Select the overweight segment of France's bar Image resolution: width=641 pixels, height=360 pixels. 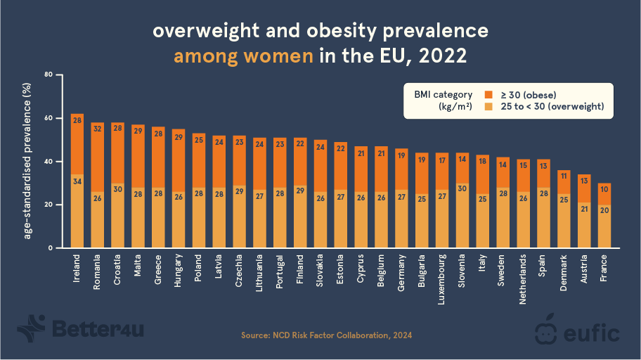click(x=604, y=226)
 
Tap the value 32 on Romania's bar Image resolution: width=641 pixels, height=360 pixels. click(x=97, y=129)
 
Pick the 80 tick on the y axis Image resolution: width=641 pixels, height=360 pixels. click(x=48, y=75)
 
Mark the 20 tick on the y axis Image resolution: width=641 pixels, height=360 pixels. click(x=48, y=205)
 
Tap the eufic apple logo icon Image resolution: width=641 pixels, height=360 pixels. click(x=546, y=328)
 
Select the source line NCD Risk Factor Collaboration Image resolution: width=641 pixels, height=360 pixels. click(x=326, y=335)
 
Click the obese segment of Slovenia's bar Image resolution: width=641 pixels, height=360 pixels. click(x=462, y=169)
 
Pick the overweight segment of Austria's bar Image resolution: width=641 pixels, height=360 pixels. click(x=583, y=225)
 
